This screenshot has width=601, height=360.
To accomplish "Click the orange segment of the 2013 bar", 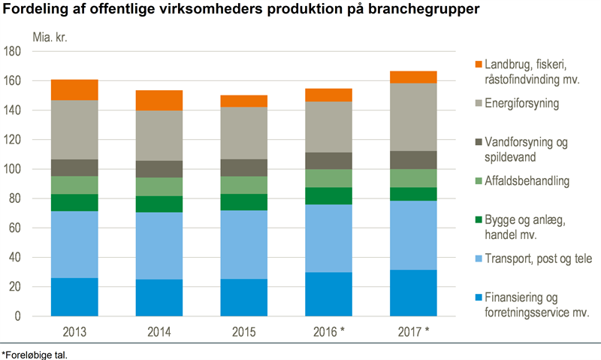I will [74, 89].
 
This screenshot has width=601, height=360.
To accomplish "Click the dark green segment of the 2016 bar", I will [328, 195].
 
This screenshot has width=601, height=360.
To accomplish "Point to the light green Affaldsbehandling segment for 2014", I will [159, 186].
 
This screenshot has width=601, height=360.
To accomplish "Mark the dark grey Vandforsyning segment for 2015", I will [243, 168].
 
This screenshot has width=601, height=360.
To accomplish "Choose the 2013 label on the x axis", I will [74, 331].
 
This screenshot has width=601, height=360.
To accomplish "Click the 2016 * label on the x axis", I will [331, 331].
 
